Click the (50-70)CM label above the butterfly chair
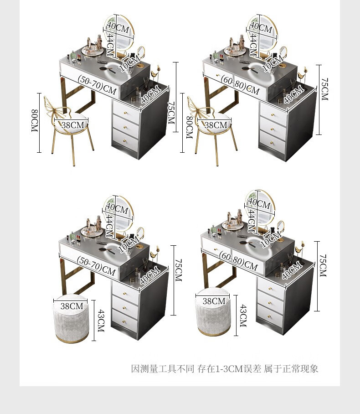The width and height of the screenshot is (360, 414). point(97,84)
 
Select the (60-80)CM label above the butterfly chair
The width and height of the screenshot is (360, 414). point(240,84)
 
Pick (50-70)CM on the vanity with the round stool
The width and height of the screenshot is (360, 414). point(96,266)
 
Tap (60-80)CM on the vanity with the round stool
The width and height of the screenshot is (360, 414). point(238,261)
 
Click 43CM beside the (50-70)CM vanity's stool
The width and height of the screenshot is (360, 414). point(101,321)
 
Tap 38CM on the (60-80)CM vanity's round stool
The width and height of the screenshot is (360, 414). point(214,301)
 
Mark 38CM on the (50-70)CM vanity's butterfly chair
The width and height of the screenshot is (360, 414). point(72,125)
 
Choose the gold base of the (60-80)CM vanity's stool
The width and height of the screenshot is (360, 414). point(214,332)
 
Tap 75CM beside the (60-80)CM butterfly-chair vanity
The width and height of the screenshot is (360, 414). point(325,89)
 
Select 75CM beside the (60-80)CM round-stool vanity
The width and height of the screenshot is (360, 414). point(323,266)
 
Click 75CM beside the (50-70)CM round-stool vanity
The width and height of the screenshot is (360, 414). point(179,270)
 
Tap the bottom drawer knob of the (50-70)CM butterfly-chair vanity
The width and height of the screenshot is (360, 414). point(125,141)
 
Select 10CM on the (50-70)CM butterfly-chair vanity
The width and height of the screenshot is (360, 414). point(129,64)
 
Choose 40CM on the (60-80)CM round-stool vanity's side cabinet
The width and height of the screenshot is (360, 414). point(291,270)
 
